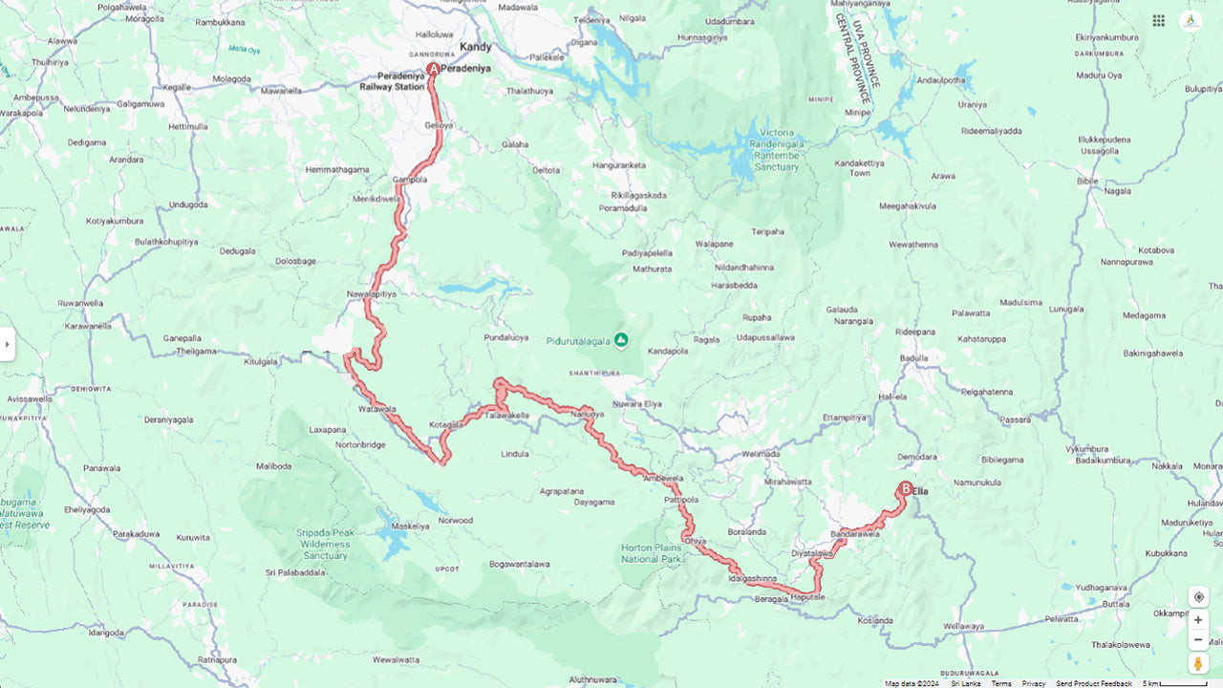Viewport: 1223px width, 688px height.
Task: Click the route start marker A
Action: tap(433, 70)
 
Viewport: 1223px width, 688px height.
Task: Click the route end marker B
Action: tap(905, 488)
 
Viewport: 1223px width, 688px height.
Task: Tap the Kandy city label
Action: tap(476, 47)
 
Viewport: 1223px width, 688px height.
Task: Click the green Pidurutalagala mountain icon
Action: tap(621, 339)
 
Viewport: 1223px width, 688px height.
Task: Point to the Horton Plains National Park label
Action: tap(653, 552)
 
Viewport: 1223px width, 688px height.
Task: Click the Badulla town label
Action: tap(914, 358)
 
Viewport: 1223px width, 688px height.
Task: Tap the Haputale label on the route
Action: tap(807, 597)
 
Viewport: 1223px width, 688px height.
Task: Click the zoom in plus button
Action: tap(1198, 619)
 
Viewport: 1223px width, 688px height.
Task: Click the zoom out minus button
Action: tap(1198, 639)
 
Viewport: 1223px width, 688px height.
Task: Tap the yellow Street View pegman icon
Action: tap(1198, 663)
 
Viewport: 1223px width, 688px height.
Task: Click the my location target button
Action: tap(1198, 597)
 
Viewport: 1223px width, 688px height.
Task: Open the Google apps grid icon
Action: tap(1158, 21)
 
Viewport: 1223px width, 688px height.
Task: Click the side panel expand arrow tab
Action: tap(7, 344)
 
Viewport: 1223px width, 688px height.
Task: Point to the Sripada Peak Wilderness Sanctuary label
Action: tap(324, 543)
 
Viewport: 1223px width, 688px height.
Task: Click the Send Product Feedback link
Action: tap(1094, 683)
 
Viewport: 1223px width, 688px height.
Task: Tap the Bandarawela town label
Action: tap(855, 533)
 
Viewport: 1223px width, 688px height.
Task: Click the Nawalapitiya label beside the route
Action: tap(372, 294)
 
